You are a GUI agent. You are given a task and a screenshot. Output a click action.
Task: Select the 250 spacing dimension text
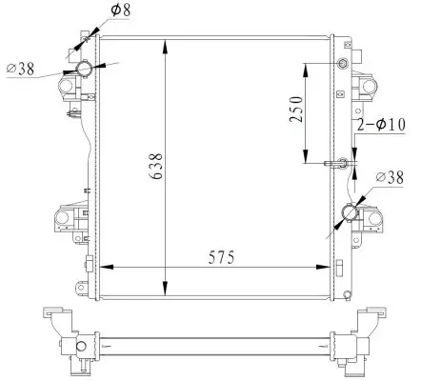[296, 111]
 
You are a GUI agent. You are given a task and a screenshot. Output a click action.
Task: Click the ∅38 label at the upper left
[20, 70]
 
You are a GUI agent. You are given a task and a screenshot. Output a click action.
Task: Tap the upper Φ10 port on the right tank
[344, 64]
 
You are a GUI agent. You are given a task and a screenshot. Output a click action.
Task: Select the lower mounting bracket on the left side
[65, 220]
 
